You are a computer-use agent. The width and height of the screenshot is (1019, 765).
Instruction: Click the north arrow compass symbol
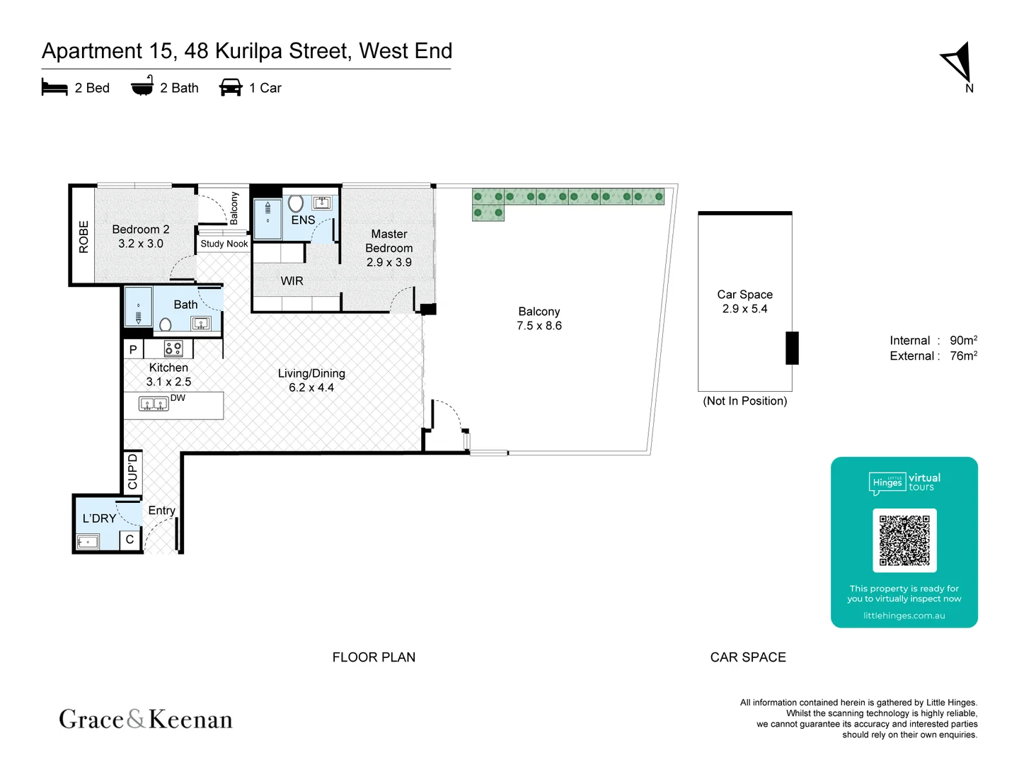tap(958, 64)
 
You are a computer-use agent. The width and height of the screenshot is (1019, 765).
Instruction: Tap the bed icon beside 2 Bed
tap(54, 88)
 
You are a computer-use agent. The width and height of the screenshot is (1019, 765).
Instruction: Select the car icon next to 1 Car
tap(231, 88)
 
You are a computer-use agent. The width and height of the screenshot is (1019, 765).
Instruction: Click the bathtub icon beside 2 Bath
tap(142, 86)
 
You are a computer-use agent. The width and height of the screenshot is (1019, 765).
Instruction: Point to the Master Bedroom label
tap(388, 248)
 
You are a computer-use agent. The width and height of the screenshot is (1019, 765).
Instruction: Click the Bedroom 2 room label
tap(140, 236)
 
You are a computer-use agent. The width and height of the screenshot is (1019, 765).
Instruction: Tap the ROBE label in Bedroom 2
tap(84, 237)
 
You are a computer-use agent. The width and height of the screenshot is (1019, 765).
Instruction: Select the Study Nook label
tap(224, 244)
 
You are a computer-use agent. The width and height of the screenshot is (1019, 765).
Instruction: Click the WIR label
tap(292, 281)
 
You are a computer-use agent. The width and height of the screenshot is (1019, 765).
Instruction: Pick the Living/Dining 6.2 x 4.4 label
tap(311, 380)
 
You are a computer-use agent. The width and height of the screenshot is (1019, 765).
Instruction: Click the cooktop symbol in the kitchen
tap(173, 348)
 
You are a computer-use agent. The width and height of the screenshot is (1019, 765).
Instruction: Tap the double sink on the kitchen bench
tap(154, 404)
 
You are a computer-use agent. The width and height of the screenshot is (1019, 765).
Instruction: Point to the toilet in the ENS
tap(296, 203)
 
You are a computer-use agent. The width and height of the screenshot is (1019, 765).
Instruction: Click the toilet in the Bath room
tap(166, 325)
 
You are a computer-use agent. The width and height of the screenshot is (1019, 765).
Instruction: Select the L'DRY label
tap(99, 518)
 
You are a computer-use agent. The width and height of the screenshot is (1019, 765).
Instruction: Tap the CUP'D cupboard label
tap(133, 472)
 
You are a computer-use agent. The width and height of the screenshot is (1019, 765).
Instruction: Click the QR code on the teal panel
tap(904, 540)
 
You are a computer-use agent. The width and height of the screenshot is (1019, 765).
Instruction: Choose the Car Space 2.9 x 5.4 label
tap(744, 301)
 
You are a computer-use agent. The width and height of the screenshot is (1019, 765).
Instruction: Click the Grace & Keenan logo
tap(146, 719)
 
